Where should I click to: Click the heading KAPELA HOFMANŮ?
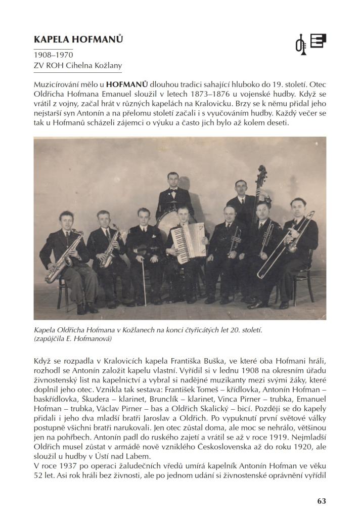(78, 39)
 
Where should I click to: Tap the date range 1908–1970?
(53, 54)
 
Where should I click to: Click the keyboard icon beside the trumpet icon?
(318, 40)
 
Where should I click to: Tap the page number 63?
(322, 501)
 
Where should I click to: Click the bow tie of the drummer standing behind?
(173, 191)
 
